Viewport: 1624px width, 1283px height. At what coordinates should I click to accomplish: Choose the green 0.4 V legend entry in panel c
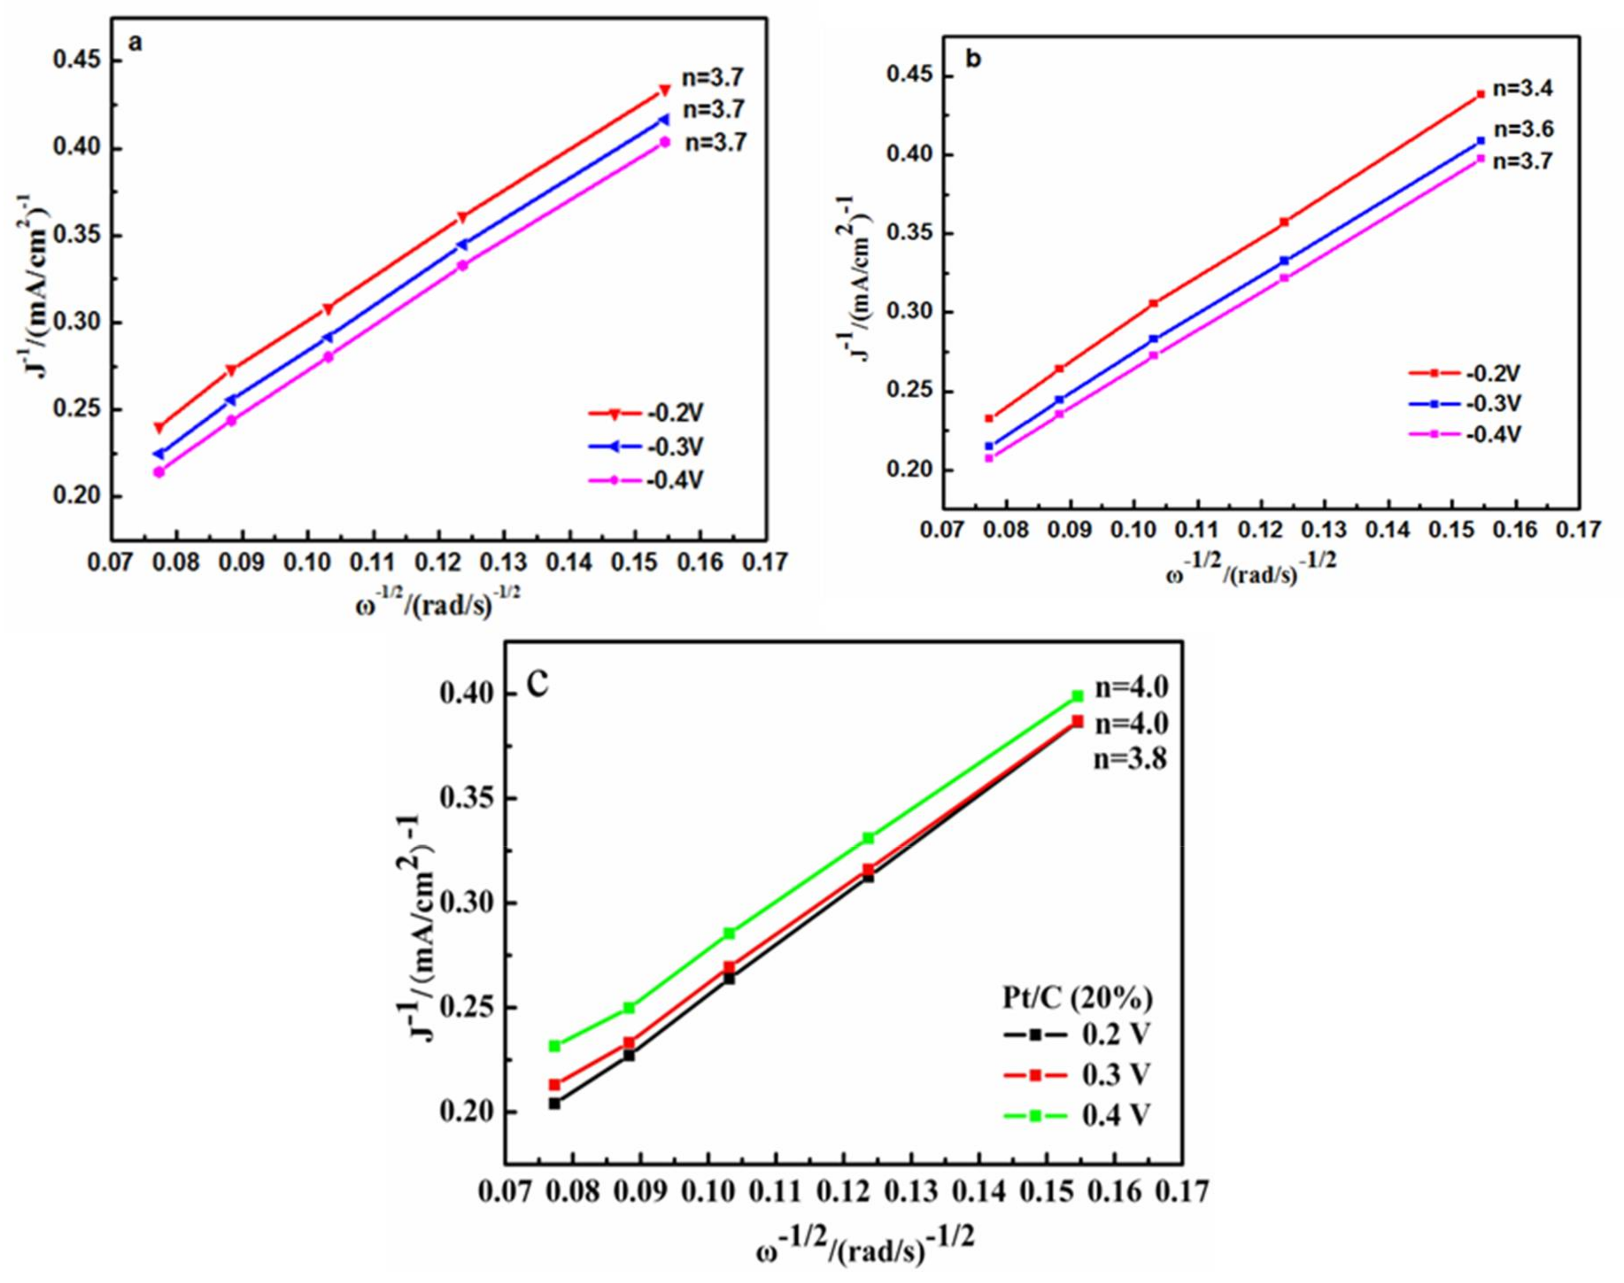pyautogui.click(x=1076, y=1116)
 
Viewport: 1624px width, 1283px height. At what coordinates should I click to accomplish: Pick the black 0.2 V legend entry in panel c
pyautogui.click(x=1076, y=1034)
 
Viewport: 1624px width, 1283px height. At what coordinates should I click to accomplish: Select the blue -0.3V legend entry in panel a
pyautogui.click(x=646, y=446)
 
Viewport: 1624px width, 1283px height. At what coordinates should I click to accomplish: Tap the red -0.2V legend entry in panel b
pyautogui.click(x=1464, y=373)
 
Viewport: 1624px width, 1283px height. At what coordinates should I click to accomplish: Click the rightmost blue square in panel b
pyautogui.click(x=1481, y=140)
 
